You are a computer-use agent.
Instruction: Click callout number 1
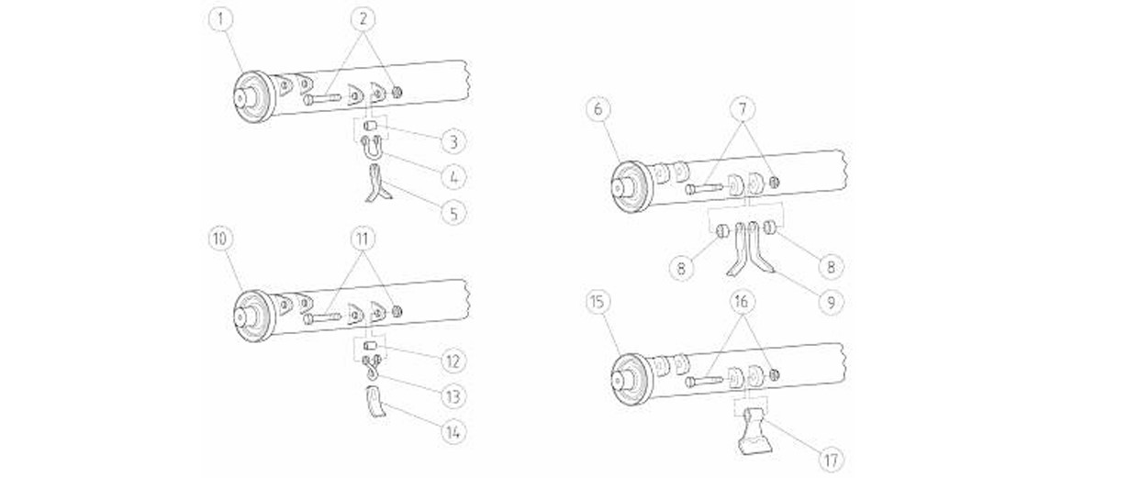click(x=221, y=19)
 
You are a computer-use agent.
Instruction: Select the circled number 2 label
click(x=363, y=19)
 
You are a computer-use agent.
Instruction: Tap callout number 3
click(x=453, y=142)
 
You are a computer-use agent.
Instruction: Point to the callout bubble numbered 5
click(x=453, y=213)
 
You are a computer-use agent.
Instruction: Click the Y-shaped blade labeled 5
click(x=376, y=184)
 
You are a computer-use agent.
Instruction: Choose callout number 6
click(x=598, y=109)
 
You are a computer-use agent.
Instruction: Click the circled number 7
click(x=742, y=109)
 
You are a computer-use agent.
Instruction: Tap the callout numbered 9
click(x=831, y=302)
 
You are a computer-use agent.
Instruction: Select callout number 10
click(x=220, y=239)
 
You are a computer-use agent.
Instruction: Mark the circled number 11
click(x=363, y=239)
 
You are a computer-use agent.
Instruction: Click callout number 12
click(x=453, y=361)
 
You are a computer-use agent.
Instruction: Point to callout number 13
click(x=453, y=396)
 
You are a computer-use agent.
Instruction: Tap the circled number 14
click(x=453, y=433)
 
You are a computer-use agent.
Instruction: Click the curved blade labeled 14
click(x=375, y=402)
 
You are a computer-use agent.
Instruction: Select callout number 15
click(x=598, y=302)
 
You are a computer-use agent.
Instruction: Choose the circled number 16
click(x=742, y=302)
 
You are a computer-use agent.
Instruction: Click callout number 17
click(x=831, y=461)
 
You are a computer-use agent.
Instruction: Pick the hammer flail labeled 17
click(x=754, y=431)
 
